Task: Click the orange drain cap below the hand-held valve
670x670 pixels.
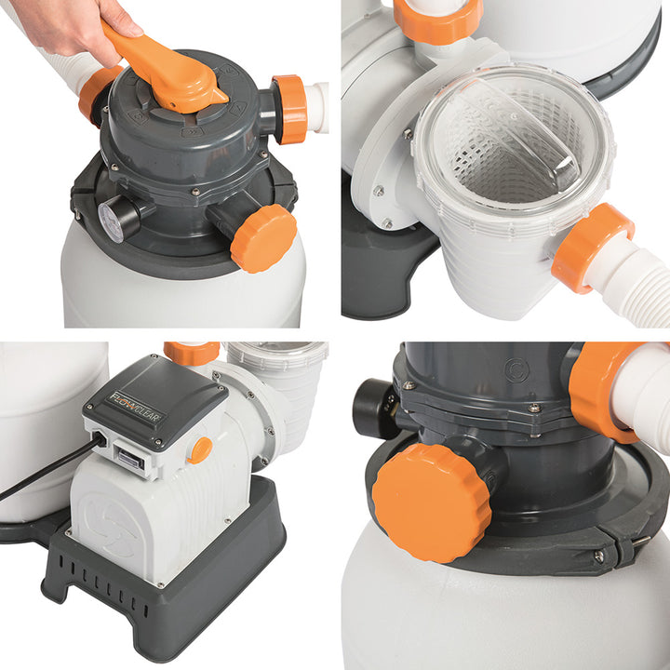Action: point(263,237)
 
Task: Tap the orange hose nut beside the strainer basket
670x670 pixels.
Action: point(592,246)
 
